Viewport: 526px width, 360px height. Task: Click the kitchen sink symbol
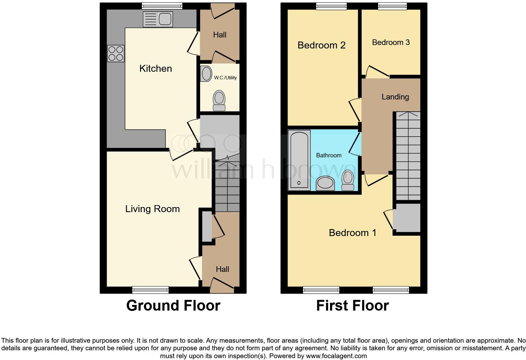click(x=158, y=19)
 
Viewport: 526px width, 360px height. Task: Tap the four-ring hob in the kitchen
click(x=115, y=53)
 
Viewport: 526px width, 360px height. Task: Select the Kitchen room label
click(x=155, y=69)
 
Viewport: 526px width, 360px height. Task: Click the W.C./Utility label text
click(x=225, y=78)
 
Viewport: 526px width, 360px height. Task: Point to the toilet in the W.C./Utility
click(x=219, y=100)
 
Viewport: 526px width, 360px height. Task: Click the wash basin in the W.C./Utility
click(x=206, y=74)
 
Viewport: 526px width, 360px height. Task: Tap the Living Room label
click(x=152, y=209)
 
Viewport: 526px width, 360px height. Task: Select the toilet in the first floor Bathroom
click(x=348, y=181)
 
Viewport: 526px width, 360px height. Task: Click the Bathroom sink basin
click(x=325, y=183)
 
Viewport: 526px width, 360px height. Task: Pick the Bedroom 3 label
click(x=391, y=42)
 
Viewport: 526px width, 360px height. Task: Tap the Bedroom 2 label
click(x=321, y=45)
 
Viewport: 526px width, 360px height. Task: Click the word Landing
click(x=395, y=97)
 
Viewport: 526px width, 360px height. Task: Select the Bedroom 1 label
click(x=352, y=233)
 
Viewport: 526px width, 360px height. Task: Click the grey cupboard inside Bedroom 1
click(x=408, y=218)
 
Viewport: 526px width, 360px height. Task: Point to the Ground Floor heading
click(x=173, y=306)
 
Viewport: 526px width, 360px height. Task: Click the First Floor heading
click(x=352, y=306)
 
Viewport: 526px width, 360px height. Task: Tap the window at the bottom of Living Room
click(x=150, y=290)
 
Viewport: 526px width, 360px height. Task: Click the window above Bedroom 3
click(x=392, y=6)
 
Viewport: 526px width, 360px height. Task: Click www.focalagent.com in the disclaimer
click(x=336, y=356)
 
